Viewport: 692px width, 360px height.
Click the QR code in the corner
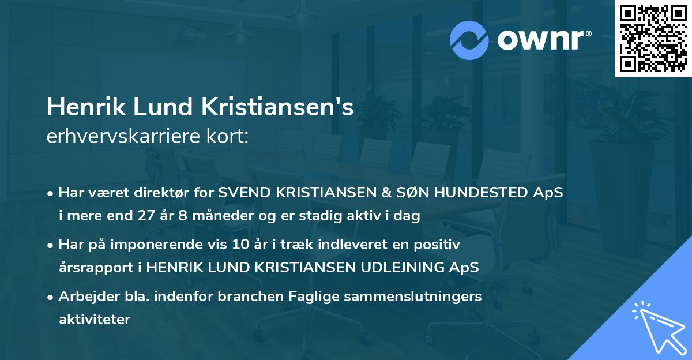click(x=652, y=38)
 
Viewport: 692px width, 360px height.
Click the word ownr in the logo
click(x=541, y=41)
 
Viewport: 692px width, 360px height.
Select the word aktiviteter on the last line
click(x=95, y=319)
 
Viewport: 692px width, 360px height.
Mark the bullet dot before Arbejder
click(x=51, y=297)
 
